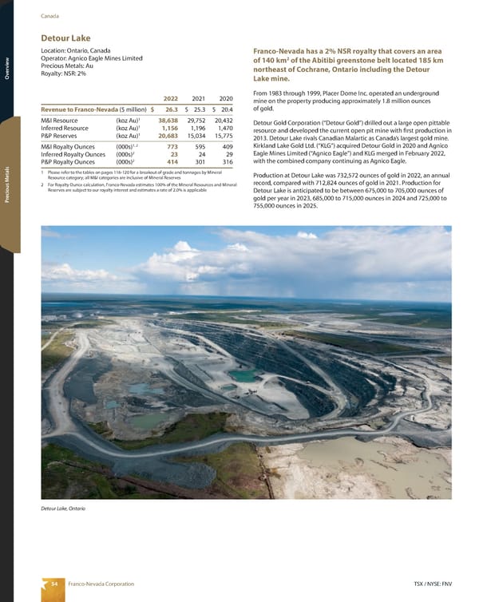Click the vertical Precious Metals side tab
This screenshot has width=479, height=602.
tap(6, 184)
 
